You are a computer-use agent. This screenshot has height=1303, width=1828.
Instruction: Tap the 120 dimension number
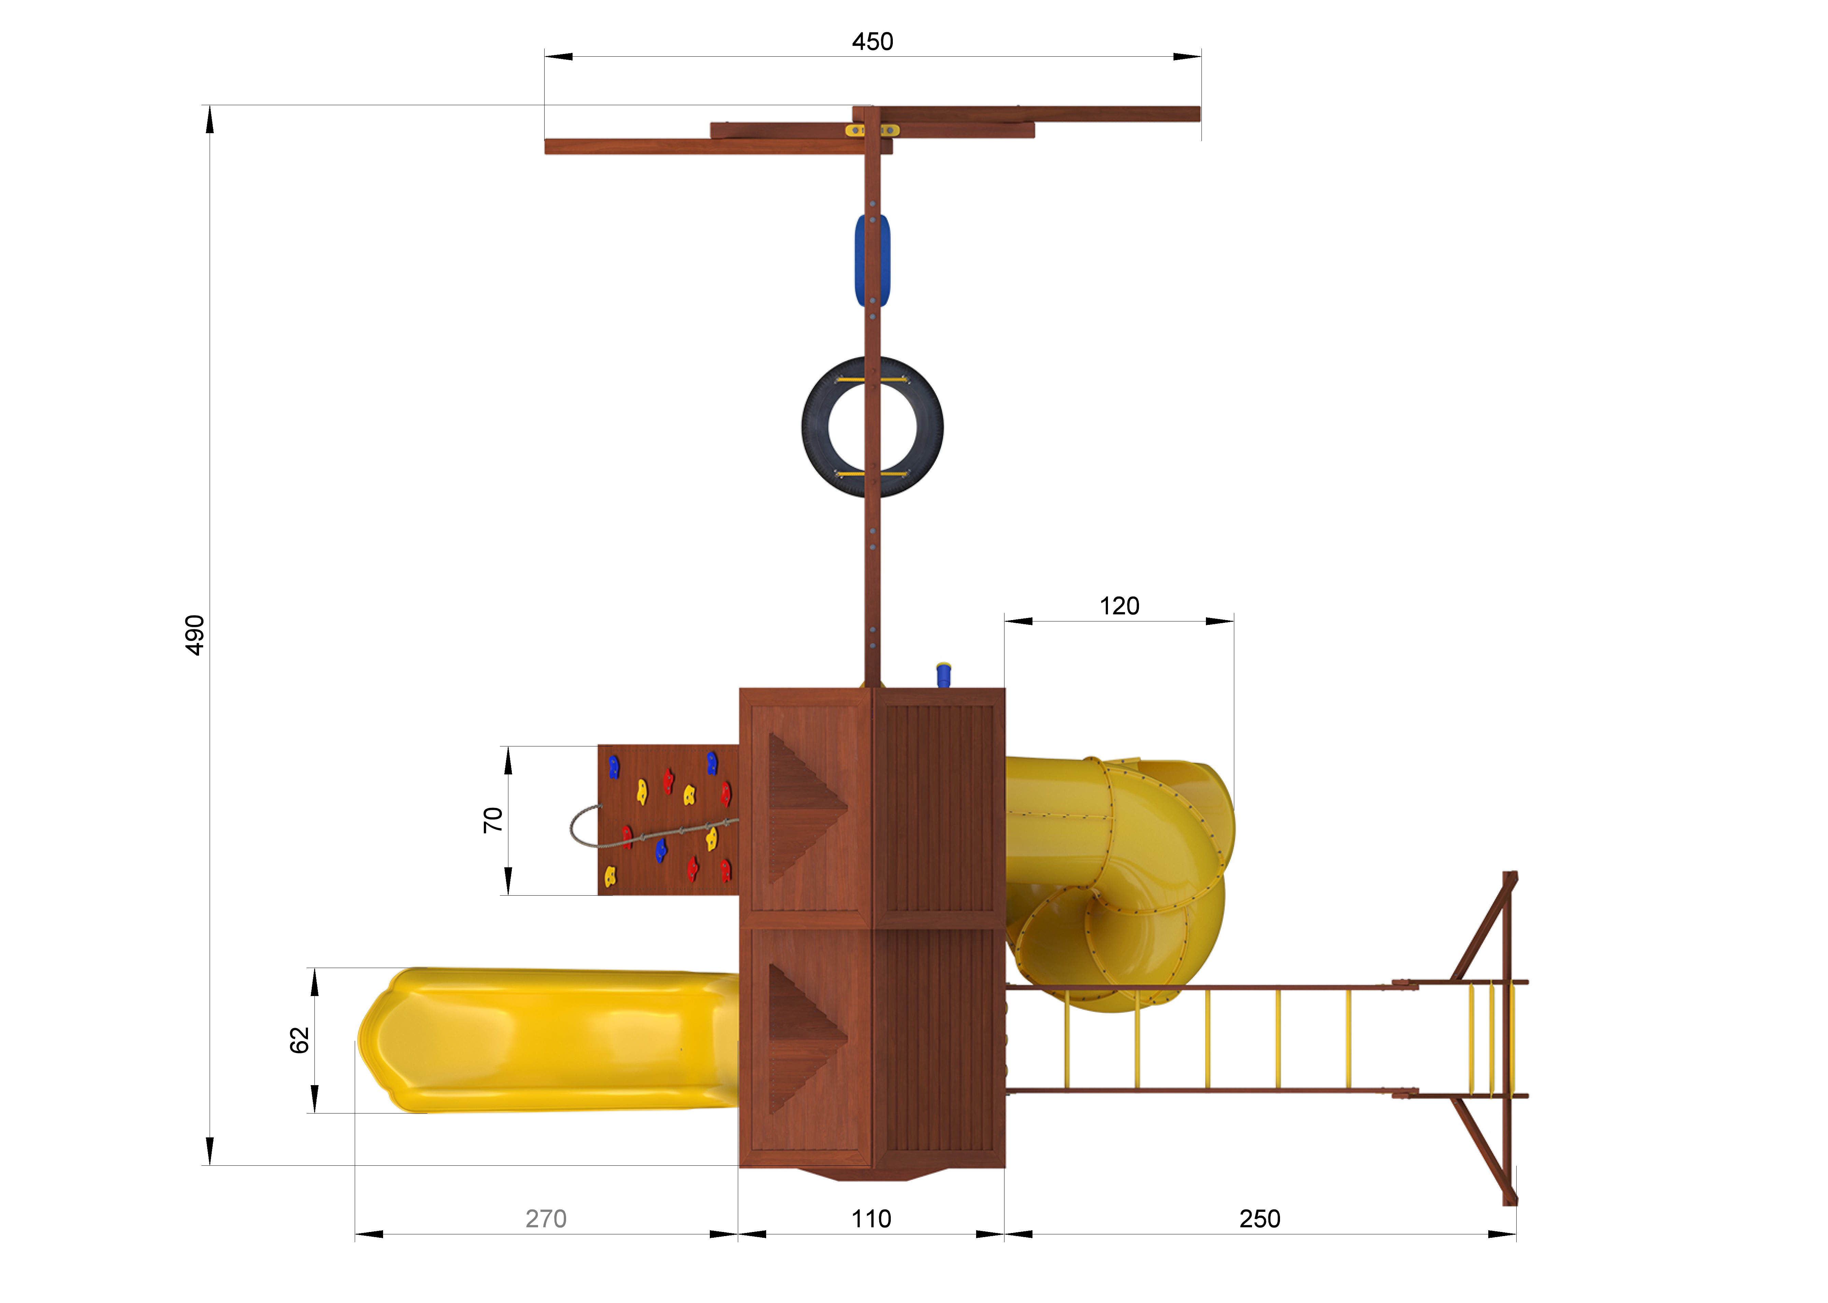click(1119, 606)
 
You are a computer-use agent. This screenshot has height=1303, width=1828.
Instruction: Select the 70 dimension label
click(492, 820)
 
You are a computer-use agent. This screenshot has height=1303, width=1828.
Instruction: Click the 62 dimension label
click(299, 1040)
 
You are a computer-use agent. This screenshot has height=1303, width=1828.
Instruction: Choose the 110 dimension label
click(871, 1219)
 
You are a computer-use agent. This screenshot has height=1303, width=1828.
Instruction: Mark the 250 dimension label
click(1259, 1219)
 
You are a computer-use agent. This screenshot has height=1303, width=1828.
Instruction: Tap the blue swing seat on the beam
click(872, 261)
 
